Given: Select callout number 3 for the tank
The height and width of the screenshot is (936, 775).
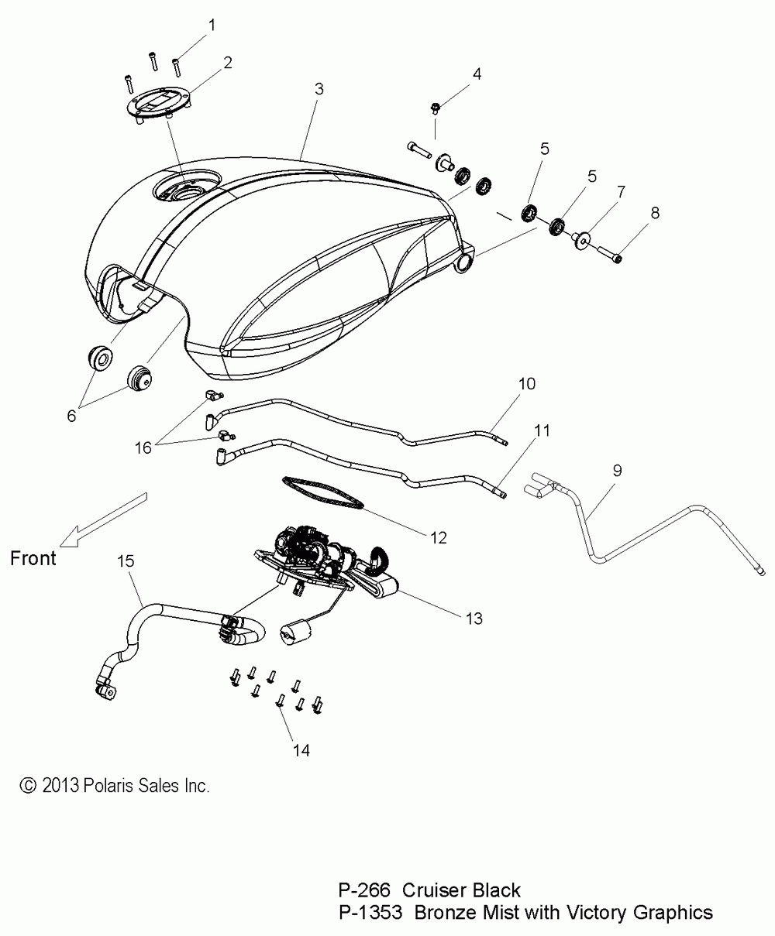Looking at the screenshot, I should click(319, 89).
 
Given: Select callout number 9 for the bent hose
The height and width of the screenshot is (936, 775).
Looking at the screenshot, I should click(617, 471).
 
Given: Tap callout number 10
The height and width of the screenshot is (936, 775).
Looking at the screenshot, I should click(527, 384).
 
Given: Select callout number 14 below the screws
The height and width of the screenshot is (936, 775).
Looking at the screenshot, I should click(302, 750).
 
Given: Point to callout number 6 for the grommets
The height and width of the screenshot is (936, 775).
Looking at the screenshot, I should click(71, 416).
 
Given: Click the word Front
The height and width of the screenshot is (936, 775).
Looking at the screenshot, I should click(33, 557).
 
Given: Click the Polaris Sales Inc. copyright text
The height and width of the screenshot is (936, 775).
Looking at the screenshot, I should click(114, 786).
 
